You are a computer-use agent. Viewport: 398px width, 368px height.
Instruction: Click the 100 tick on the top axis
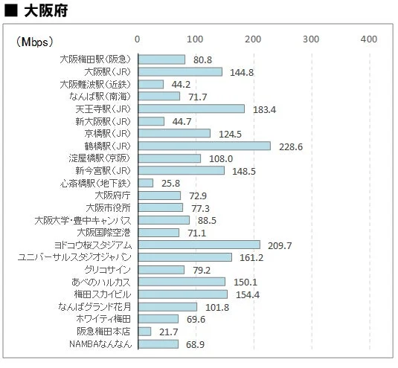[x=195, y=39]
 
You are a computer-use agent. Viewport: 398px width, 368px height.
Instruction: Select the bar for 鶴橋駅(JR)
[x=204, y=146]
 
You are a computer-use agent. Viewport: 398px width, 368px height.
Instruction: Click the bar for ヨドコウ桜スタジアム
[x=199, y=245]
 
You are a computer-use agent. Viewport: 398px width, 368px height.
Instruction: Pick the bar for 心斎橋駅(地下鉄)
[x=145, y=183]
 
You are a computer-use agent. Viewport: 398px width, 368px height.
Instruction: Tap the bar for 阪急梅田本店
[x=144, y=332]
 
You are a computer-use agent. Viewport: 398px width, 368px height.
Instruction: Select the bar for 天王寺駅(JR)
[x=190, y=109]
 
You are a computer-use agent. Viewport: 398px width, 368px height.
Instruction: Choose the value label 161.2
[x=251, y=257]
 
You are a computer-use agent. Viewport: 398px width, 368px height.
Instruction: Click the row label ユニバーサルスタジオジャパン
[x=74, y=257]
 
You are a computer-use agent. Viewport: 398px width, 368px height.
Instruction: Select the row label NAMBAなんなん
[x=100, y=344]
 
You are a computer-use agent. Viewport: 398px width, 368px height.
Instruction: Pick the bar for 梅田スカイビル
[x=182, y=294]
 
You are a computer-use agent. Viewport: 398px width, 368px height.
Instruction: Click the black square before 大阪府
[x=11, y=11]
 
